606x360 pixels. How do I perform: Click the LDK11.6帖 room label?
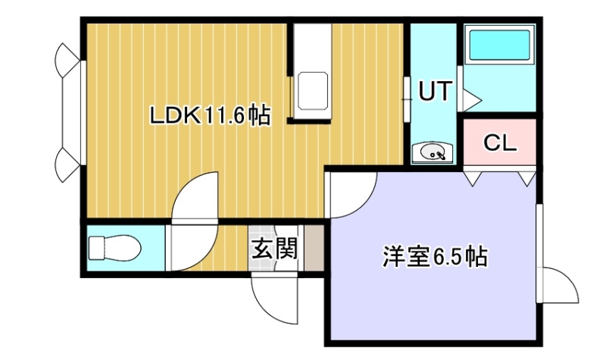210,115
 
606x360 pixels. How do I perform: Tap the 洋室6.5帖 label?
435,256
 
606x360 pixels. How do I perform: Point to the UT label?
435,91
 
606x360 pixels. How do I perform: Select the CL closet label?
500,142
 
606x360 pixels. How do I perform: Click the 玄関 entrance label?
275,248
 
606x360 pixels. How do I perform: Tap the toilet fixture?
114,249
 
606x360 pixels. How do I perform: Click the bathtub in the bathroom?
499,45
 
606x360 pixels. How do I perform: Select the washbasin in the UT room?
432,152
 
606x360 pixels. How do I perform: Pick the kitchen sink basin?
313,91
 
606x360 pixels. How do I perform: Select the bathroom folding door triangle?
470,101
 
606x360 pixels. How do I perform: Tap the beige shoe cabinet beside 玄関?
314,248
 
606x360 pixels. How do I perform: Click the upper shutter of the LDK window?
68,60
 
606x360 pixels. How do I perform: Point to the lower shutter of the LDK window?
68,164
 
